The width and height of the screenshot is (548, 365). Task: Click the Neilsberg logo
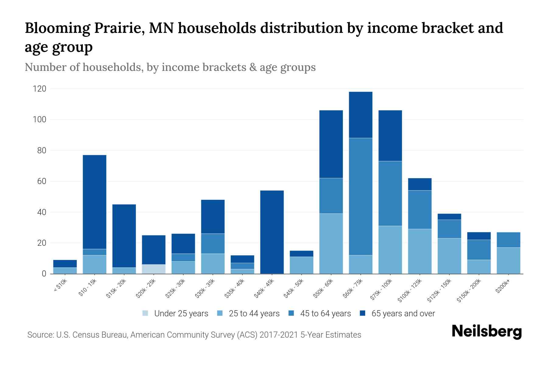487,332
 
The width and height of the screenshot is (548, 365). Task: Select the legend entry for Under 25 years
175,314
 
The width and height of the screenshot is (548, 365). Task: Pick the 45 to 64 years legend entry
320,314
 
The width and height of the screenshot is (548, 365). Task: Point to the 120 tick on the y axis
40,89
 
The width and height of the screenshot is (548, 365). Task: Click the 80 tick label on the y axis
40,151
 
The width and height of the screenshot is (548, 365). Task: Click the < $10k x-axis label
60,286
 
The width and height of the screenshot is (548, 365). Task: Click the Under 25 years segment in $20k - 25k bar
154,269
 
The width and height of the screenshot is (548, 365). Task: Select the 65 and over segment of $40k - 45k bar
272,232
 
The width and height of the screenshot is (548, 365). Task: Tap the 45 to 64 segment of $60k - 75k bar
360,196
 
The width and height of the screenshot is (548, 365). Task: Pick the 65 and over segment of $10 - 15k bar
95,202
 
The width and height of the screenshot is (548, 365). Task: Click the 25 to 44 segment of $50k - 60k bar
331,243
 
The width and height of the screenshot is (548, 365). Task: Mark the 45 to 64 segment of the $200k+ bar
508,240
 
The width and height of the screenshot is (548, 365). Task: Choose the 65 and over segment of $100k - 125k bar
420,184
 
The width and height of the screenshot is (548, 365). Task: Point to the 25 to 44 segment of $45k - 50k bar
301,265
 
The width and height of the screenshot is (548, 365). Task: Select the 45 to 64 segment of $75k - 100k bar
390,193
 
